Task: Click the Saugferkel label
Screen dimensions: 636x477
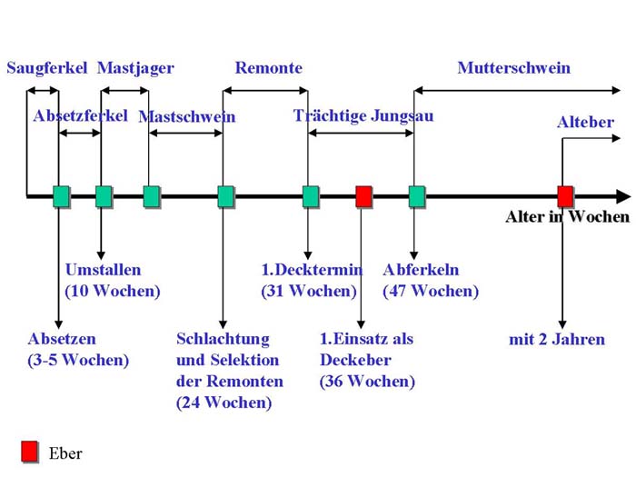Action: pyautogui.click(x=47, y=68)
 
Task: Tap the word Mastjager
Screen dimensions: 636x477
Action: pyautogui.click(x=135, y=68)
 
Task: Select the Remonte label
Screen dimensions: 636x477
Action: pyautogui.click(x=269, y=68)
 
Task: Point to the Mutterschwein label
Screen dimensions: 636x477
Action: pyautogui.click(x=514, y=68)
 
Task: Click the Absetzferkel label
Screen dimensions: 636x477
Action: pyautogui.click(x=80, y=116)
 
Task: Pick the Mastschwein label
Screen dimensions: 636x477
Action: pyautogui.click(x=187, y=117)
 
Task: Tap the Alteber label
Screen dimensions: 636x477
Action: pyautogui.click(x=585, y=122)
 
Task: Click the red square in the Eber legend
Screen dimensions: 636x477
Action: pyautogui.click(x=30, y=452)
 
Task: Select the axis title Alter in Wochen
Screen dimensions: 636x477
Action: pyautogui.click(x=568, y=216)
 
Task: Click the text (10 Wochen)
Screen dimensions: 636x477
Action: pyautogui.click(x=113, y=291)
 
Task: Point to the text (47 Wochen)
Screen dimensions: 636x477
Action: pyautogui.click(x=431, y=291)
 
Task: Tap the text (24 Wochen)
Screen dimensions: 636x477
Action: pyautogui.click(x=224, y=402)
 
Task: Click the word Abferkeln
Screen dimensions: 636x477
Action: pyautogui.click(x=421, y=270)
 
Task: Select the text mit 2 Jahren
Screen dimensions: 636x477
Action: pyautogui.click(x=557, y=339)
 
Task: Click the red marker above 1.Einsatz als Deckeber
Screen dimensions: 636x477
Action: pyautogui.click(x=363, y=196)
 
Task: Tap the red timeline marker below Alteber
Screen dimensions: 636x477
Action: pyautogui.click(x=565, y=196)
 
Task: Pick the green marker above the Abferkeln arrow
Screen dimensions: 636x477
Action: pyautogui.click(x=416, y=196)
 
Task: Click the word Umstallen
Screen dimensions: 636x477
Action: pyautogui.click(x=103, y=270)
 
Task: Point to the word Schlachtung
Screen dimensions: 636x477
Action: pyautogui.click(x=223, y=339)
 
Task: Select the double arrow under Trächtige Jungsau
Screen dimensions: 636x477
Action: pyautogui.click(x=361, y=133)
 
